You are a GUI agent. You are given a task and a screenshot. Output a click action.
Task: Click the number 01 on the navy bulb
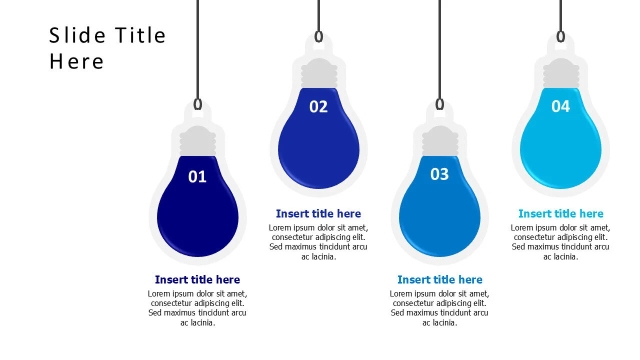click(x=197, y=176)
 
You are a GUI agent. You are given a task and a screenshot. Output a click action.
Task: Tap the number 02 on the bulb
click(x=318, y=106)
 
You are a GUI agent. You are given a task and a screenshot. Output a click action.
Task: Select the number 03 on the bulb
click(x=439, y=174)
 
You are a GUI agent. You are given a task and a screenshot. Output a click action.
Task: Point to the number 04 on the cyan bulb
click(x=560, y=106)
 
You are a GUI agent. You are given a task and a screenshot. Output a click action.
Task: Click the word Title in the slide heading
click(x=140, y=35)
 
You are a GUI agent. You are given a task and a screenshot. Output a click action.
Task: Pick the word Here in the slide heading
click(x=76, y=61)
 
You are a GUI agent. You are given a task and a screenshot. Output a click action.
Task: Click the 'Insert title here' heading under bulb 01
click(x=197, y=279)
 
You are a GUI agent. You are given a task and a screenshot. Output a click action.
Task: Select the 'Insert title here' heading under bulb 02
click(x=318, y=213)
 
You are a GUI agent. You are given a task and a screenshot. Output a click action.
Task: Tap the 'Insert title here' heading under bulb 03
click(x=439, y=279)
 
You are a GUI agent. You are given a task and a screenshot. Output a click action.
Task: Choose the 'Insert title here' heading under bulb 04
click(x=561, y=213)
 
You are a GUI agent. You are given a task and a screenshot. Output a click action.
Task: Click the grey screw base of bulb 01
click(x=197, y=141)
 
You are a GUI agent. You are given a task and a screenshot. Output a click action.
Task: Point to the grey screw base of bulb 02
click(x=319, y=73)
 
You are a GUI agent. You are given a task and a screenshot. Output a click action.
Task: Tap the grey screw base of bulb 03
click(x=440, y=141)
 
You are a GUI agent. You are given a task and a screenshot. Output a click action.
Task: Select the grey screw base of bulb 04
click(x=561, y=73)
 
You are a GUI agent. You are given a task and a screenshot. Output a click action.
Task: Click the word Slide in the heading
click(x=77, y=35)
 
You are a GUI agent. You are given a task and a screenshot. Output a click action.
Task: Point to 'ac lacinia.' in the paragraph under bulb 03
click(x=439, y=323)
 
